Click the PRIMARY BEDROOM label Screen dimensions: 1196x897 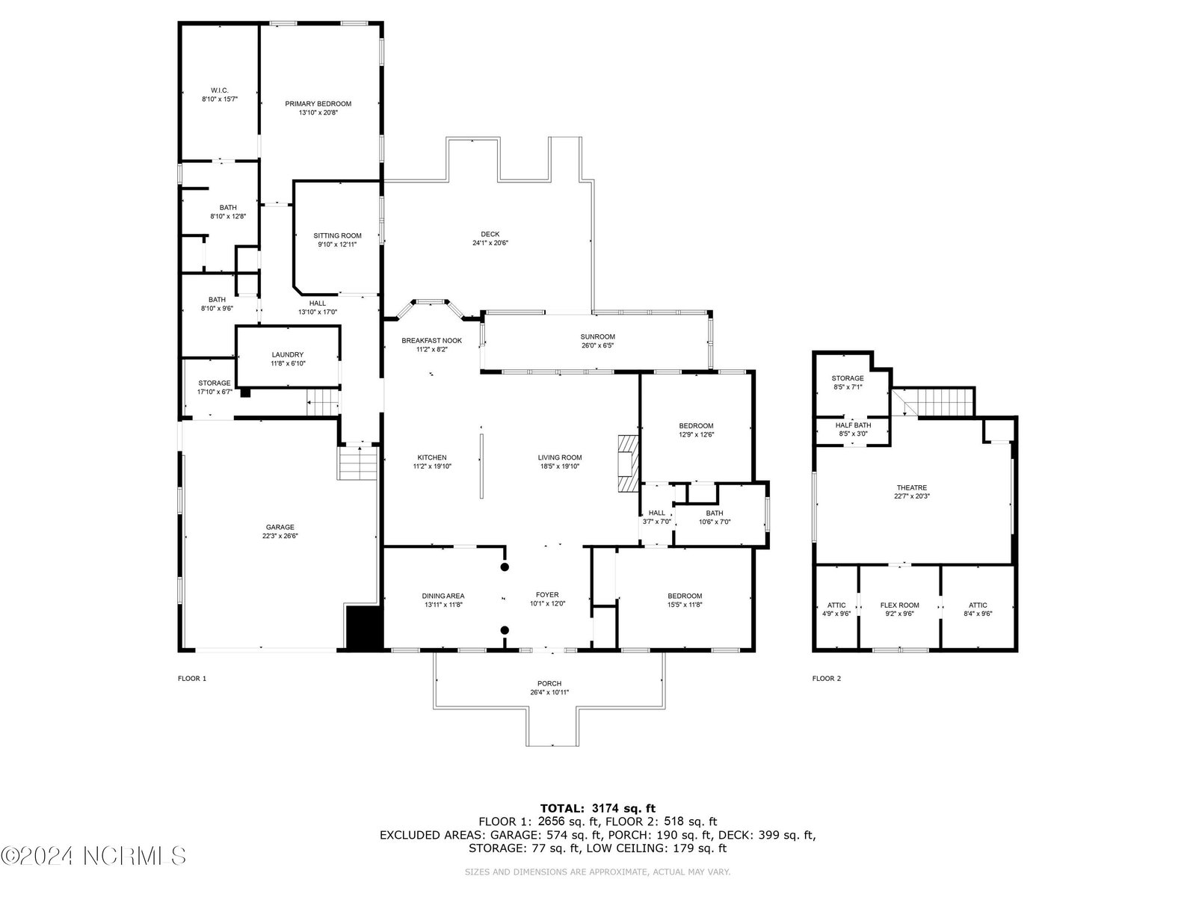point(318,103)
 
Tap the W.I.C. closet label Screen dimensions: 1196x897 point(220,90)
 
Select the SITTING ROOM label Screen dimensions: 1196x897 point(337,235)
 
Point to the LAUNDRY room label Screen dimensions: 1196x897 point(288,354)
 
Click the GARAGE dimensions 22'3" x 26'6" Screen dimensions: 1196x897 point(280,536)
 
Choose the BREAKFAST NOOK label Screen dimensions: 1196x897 point(431,340)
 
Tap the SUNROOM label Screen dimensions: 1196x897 point(598,336)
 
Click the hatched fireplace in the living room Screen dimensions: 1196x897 point(628,463)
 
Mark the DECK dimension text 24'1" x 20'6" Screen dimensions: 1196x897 point(490,243)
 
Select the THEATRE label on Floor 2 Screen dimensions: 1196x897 point(911,487)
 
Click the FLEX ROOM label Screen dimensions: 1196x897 point(899,605)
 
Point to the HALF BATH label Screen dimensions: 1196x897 point(854,425)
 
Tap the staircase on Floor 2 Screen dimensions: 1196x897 point(933,402)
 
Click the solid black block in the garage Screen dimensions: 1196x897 point(365,628)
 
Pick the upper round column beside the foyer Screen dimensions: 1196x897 point(505,567)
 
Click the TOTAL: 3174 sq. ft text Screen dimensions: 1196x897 point(598,808)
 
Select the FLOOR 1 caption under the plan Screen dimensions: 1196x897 point(192,678)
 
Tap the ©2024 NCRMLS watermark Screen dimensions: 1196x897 point(93,856)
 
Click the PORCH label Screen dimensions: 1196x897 point(549,683)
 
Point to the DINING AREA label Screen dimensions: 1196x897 point(443,596)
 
